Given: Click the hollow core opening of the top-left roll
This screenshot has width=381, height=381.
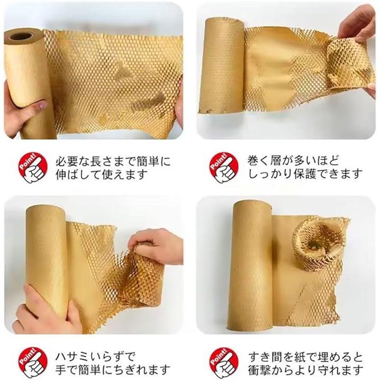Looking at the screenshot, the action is pyautogui.click(x=21, y=37).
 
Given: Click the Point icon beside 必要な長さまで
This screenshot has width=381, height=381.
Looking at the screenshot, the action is pyautogui.click(x=33, y=168).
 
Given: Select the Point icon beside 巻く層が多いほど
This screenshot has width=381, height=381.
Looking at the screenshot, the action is pyautogui.click(x=224, y=168).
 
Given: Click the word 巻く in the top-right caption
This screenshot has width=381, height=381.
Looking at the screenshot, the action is pyautogui.click(x=258, y=161).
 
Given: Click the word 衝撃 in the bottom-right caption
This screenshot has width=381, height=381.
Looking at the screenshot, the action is pyautogui.click(x=259, y=369).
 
